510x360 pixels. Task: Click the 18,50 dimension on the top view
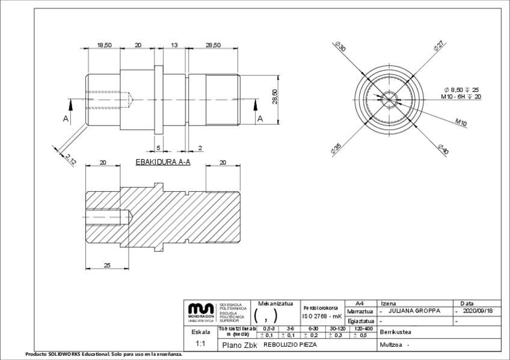click(x=104, y=46)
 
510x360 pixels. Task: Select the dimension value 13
click(x=174, y=46)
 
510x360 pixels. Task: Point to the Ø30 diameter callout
click(x=340, y=47)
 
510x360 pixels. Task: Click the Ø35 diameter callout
click(x=337, y=147)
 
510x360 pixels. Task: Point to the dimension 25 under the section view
click(x=107, y=265)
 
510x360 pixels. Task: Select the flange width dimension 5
click(x=158, y=147)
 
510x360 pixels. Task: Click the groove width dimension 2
click(x=200, y=147)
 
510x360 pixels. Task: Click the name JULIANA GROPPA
click(x=414, y=311)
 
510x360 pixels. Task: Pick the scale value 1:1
click(x=200, y=344)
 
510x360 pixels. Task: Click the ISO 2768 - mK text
click(x=322, y=316)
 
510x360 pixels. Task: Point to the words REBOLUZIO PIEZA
click(x=290, y=345)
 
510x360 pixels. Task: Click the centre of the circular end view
click(x=390, y=99)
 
